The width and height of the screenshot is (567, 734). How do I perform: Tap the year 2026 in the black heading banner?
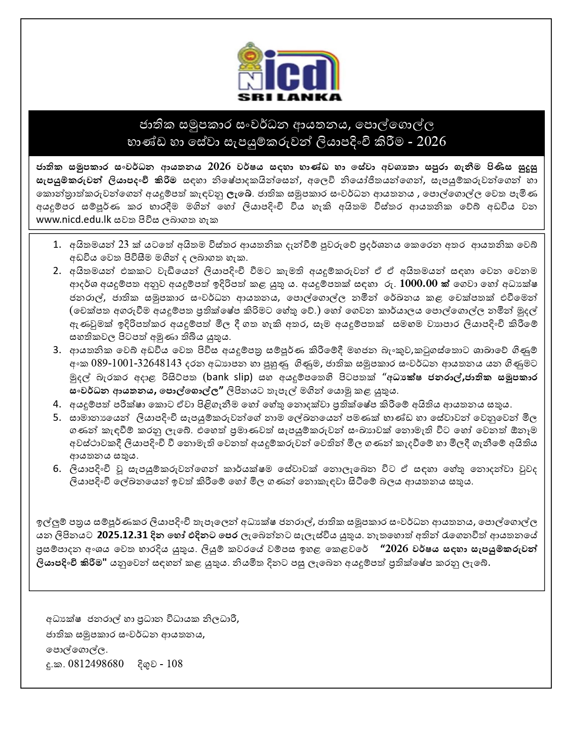pos(429,141)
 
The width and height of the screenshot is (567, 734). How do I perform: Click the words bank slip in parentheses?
pos(227,377)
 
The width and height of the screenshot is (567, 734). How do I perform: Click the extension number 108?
pos(174,664)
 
